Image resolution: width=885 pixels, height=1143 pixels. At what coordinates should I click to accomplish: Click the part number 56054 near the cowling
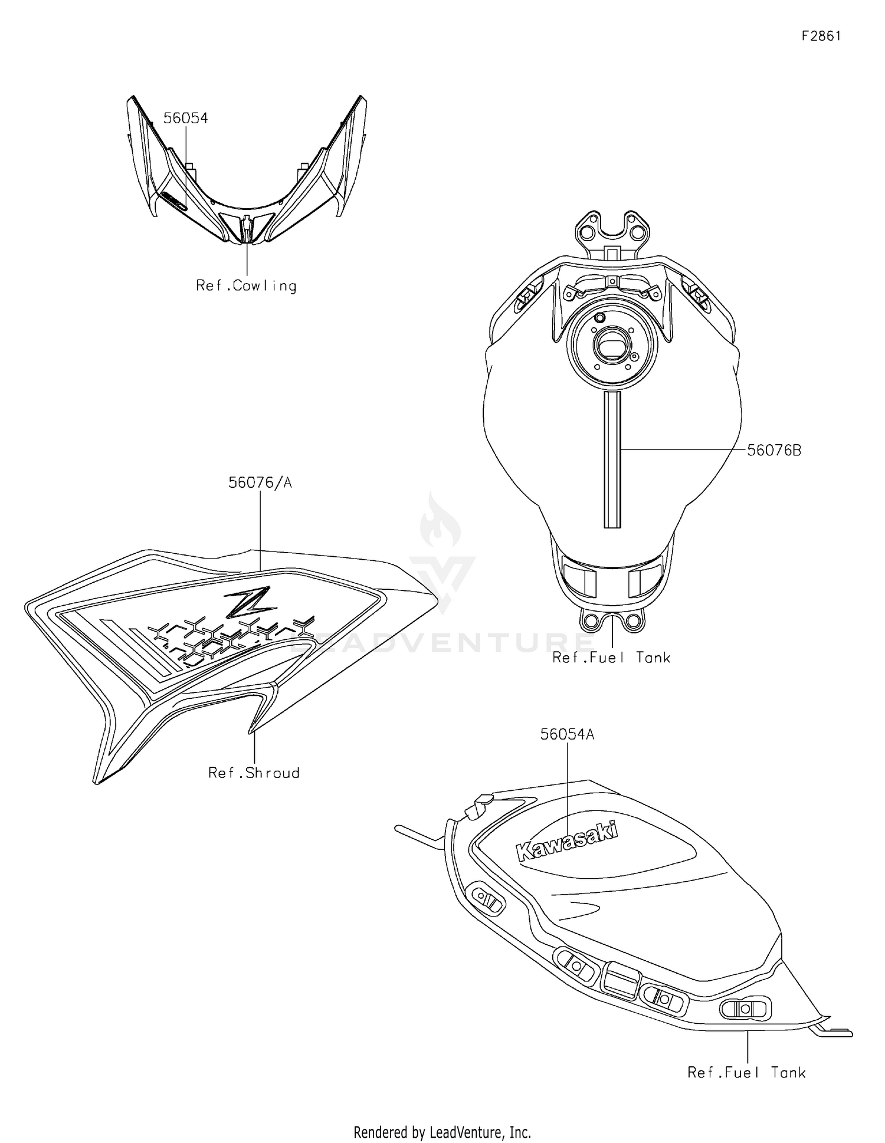(x=185, y=119)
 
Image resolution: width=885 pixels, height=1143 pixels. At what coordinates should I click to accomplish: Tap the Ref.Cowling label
(x=246, y=286)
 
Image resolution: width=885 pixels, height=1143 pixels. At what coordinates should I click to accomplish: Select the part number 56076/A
(x=260, y=483)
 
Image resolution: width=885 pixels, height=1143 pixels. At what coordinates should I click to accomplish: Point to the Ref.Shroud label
(x=254, y=773)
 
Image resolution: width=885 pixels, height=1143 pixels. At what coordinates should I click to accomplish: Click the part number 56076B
(x=774, y=451)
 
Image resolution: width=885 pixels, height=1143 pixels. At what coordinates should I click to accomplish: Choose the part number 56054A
(x=567, y=734)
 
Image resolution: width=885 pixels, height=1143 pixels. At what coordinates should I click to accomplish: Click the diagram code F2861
(x=821, y=36)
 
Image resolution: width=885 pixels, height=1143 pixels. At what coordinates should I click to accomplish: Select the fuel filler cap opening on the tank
(x=611, y=345)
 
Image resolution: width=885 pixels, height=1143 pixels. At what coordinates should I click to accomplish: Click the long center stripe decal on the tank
(x=612, y=460)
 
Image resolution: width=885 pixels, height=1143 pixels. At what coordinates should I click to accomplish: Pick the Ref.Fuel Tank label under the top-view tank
(x=611, y=658)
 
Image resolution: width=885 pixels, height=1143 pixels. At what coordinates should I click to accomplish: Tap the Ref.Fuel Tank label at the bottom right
(x=746, y=1073)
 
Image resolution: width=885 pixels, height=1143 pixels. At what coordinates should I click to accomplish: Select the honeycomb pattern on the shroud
(x=230, y=637)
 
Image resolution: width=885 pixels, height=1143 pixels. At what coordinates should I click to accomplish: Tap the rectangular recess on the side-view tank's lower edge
(x=621, y=981)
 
